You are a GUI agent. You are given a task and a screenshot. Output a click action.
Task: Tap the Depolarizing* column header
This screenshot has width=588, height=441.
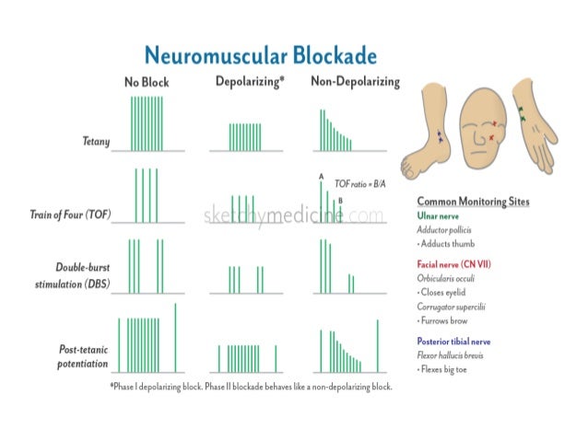coord(249,81)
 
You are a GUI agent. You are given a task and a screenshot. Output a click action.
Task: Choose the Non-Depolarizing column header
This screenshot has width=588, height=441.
coord(355,82)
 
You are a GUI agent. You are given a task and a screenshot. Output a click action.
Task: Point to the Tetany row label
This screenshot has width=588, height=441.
coord(95,142)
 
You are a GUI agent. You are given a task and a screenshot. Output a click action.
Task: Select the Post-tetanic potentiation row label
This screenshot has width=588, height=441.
coord(84,356)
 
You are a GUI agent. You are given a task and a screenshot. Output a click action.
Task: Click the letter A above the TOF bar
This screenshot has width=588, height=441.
coord(321,176)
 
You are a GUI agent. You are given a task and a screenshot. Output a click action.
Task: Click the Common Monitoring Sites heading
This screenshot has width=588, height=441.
coord(473,201)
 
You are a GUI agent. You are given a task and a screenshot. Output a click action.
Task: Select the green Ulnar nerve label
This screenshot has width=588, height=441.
coord(439,215)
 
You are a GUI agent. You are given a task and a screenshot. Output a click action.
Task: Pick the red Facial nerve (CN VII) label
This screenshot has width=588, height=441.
coord(453,263)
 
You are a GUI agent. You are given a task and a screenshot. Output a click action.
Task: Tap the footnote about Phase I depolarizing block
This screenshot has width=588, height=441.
coord(251,388)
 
